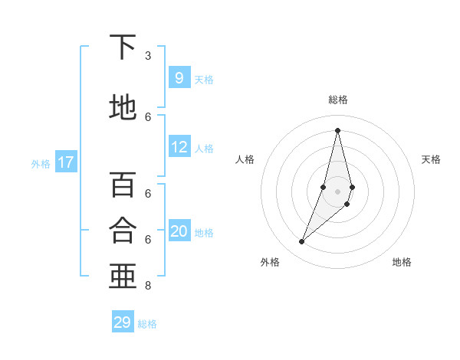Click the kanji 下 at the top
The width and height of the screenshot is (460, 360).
(x=123, y=48)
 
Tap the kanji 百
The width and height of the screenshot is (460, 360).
(x=123, y=185)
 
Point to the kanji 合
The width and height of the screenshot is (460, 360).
(x=123, y=230)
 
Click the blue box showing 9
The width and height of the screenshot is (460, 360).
(x=179, y=77)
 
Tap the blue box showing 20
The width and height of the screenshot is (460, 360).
(x=179, y=231)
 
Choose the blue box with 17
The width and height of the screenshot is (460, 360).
(x=66, y=162)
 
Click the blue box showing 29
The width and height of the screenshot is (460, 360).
(x=123, y=322)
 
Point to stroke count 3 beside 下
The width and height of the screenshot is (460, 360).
(x=148, y=56)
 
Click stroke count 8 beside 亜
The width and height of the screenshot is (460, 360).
(x=148, y=286)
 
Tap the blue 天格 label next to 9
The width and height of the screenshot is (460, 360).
(x=204, y=80)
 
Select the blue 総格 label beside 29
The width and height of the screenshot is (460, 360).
(x=147, y=324)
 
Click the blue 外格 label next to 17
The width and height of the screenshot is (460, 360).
(x=41, y=164)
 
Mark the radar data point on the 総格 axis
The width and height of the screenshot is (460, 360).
(x=337, y=129)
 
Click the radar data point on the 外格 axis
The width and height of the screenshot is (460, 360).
(x=301, y=242)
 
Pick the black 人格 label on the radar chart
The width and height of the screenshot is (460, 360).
(x=245, y=159)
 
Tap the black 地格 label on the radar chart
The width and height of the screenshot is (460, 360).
(x=402, y=262)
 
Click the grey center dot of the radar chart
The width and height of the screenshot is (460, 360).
(x=337, y=191)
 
